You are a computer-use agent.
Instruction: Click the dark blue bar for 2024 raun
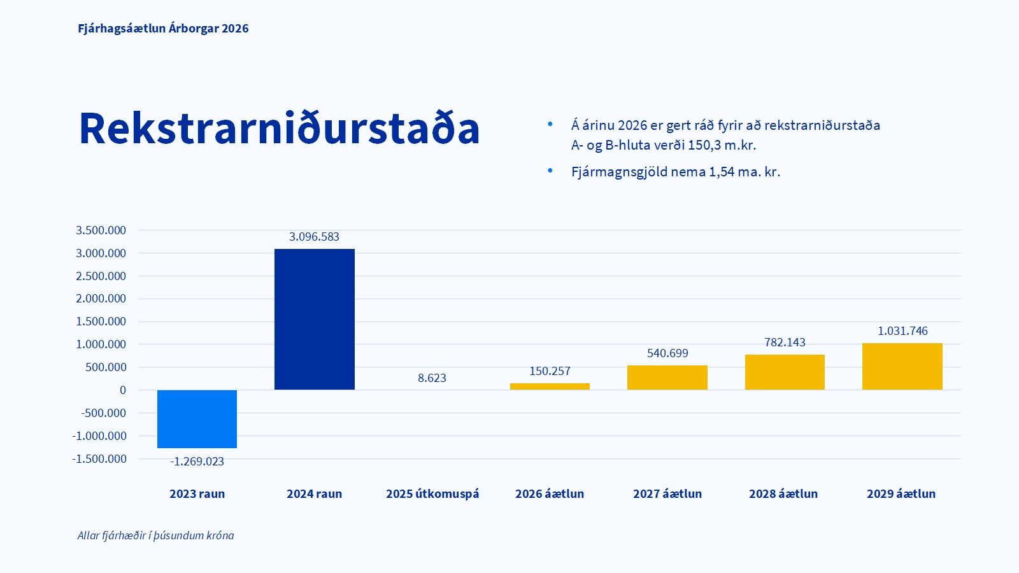coord(314,318)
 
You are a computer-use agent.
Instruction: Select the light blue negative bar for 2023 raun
coord(197,418)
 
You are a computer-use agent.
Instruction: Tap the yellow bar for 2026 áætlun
coord(550,386)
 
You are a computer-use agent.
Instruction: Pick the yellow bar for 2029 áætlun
coord(902,366)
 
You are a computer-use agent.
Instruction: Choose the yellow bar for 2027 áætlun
coord(667,377)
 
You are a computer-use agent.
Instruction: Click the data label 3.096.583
coord(314,237)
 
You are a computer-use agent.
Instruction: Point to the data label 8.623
coord(432,378)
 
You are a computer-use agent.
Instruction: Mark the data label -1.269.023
coord(197,462)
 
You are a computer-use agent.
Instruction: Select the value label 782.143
coord(785,343)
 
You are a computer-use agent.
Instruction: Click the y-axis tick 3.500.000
coord(101,230)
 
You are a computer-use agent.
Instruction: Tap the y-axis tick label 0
coord(123,390)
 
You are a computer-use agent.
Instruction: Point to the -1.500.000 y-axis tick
coord(99,459)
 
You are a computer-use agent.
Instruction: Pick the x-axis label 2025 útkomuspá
coord(432,494)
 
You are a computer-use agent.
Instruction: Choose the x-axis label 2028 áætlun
coord(783,494)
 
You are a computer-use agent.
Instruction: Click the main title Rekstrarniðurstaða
coord(279,129)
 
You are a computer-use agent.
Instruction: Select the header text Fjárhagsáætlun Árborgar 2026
coord(163,29)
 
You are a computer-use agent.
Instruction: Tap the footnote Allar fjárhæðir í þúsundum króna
coord(155,535)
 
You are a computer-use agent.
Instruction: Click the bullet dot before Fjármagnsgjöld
coord(550,171)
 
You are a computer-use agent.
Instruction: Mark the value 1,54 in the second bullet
coord(722,172)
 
